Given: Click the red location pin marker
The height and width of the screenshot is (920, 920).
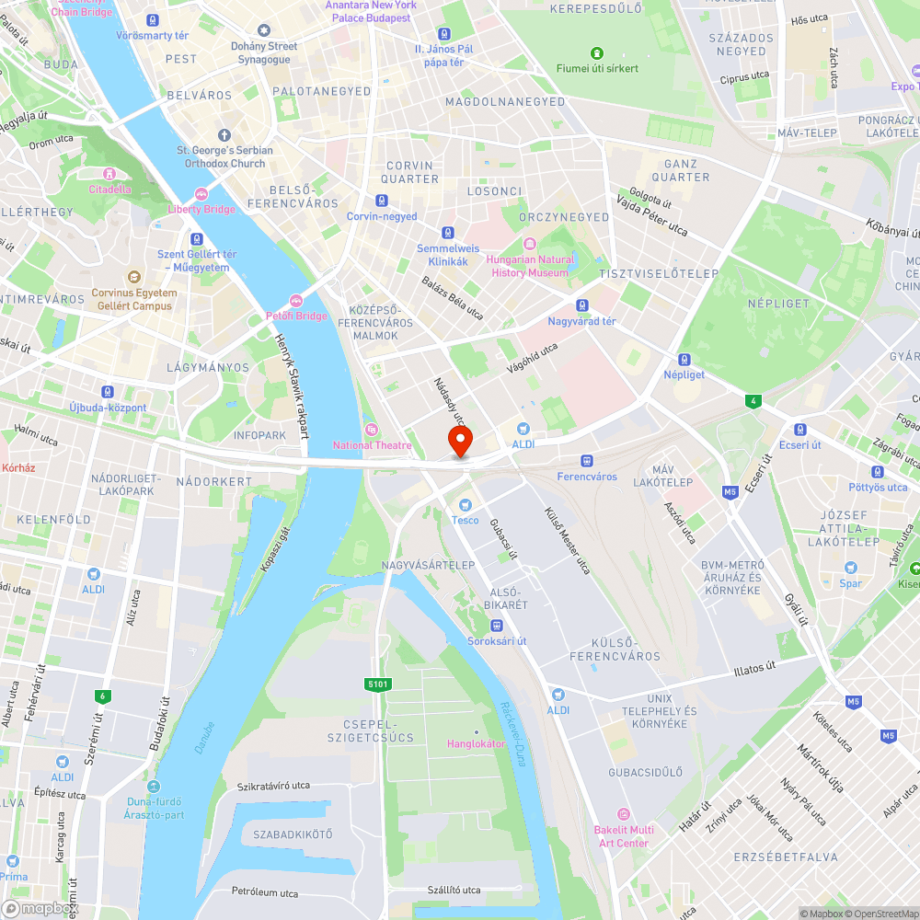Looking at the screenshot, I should [x=459, y=441].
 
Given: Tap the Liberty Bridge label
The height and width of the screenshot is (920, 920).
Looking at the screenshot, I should [x=201, y=208].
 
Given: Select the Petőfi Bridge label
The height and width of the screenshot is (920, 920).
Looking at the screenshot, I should [x=296, y=316].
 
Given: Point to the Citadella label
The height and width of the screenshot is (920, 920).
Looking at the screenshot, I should [x=109, y=189].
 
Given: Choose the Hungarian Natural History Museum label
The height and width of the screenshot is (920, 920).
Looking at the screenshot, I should [x=529, y=266].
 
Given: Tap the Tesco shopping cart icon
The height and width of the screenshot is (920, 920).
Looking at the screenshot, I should [x=465, y=504].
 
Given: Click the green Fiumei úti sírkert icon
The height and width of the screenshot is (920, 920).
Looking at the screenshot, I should [x=597, y=53].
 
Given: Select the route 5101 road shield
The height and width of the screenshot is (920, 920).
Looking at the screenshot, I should [x=378, y=684].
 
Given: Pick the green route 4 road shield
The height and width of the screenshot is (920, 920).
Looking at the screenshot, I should [x=754, y=400].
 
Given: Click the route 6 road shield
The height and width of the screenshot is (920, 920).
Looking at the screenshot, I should [x=102, y=696].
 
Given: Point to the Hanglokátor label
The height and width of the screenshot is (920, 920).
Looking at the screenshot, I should [x=477, y=743].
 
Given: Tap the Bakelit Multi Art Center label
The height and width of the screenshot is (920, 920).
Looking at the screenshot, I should [x=623, y=836].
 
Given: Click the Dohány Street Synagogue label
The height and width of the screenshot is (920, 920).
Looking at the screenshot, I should [x=264, y=52].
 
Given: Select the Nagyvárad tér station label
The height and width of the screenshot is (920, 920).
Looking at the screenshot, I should [x=581, y=321].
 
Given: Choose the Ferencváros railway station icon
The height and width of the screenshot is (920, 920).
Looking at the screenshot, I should [x=587, y=461].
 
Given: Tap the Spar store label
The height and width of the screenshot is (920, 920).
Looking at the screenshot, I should [x=850, y=582].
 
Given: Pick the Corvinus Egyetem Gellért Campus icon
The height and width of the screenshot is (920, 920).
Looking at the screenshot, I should [x=133, y=277].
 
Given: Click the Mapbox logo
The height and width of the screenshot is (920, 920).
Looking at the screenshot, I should [x=39, y=908].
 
